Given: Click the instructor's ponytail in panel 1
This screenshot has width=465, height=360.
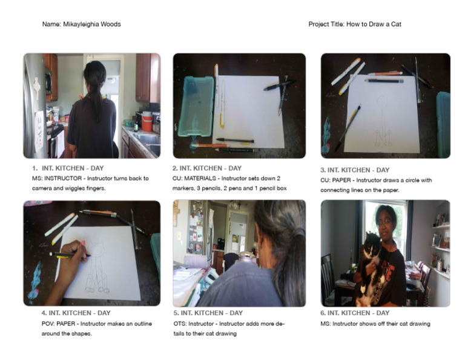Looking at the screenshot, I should click(95, 91).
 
